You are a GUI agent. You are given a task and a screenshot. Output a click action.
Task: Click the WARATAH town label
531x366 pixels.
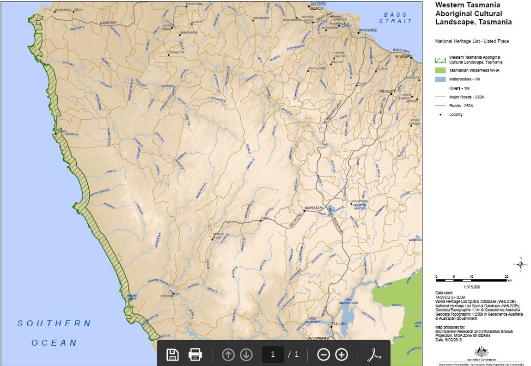[312, 208]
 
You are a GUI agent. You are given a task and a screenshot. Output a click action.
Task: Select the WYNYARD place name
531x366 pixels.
[368, 30]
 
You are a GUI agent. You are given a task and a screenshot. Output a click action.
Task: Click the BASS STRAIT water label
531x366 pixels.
[395, 18]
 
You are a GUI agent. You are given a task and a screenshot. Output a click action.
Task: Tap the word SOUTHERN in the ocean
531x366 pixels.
[55, 323]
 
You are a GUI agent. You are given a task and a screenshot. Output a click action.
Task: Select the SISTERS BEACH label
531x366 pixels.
[317, 6]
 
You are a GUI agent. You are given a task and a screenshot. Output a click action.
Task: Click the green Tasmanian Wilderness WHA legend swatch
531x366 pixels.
[440, 71]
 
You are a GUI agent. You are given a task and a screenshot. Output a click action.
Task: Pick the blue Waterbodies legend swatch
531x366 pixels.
[440, 79]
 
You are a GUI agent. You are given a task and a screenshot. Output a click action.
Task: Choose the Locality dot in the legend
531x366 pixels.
[440, 115]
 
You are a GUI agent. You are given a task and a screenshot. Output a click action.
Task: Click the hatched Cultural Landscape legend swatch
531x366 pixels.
[440, 60]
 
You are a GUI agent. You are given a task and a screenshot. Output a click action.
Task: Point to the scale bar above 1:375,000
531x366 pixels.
[471, 280]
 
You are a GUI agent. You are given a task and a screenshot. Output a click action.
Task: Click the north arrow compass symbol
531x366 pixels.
[521, 264]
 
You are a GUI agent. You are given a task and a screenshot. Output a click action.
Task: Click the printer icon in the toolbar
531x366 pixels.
[195, 354]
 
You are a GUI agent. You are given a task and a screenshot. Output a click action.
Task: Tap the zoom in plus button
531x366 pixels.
[341, 354]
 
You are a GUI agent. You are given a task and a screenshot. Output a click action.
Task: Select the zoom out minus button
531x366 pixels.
[323, 354]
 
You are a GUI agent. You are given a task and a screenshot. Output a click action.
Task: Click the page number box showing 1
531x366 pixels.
[273, 354]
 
